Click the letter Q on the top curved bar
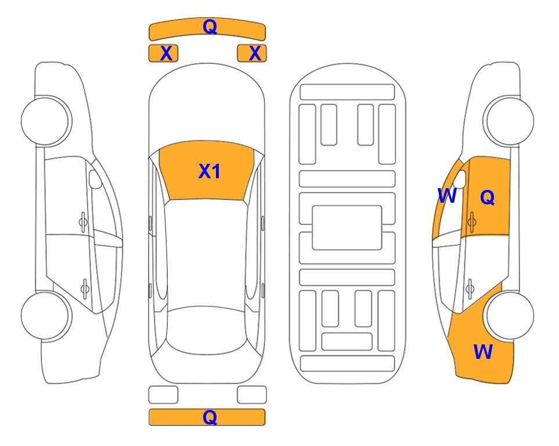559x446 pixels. click(x=210, y=27)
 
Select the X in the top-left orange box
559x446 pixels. click(x=167, y=53)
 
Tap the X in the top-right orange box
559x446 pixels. click(x=255, y=53)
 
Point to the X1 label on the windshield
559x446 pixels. click(x=210, y=171)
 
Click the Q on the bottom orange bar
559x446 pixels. click(x=210, y=417)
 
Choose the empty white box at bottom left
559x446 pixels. click(x=163, y=395)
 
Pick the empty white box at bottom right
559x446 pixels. click(x=252, y=395)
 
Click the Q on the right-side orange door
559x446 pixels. click(x=488, y=197)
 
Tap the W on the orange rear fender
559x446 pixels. click(x=483, y=352)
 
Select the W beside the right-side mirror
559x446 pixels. click(x=447, y=196)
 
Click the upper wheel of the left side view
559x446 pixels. click(x=46, y=121)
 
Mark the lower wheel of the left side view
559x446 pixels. click(x=46, y=315)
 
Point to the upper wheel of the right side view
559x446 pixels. click(x=510, y=121)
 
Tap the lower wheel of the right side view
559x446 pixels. click(x=510, y=315)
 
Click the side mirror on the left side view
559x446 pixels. click(x=95, y=179)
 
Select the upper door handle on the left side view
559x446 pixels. click(x=83, y=222)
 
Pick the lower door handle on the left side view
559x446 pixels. click(x=85, y=288)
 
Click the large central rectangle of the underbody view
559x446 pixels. click(x=347, y=228)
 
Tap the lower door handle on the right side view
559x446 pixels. click(x=470, y=288)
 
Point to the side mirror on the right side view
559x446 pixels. click(x=460, y=179)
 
